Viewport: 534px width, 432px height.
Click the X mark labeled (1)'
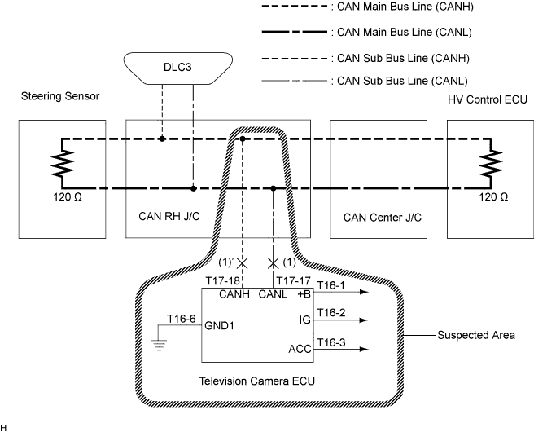coord(241,262)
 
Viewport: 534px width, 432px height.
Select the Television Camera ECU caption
coord(258,381)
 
